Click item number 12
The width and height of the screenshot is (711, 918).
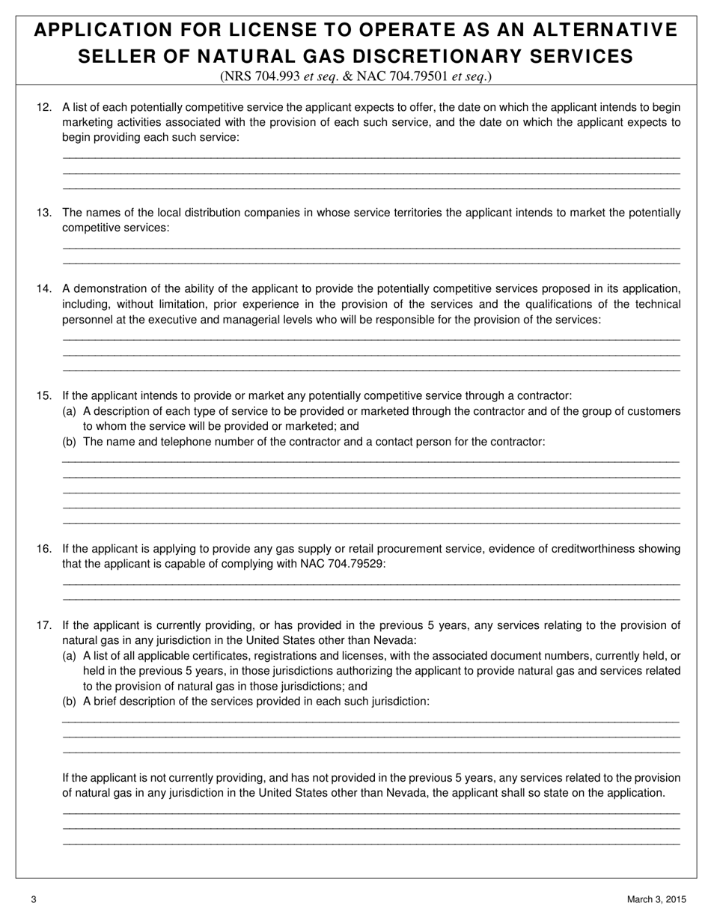pos(43,107)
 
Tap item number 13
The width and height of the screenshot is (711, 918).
pos(43,213)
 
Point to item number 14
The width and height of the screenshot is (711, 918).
pos(43,288)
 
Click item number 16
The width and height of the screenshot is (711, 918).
pos(43,549)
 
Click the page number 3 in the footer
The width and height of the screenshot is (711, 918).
pos(34,899)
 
